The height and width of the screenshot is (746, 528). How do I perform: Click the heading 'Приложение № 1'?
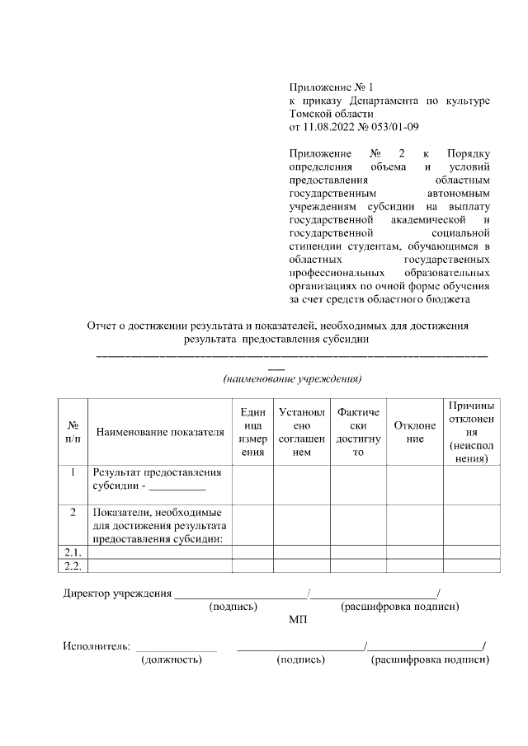tap(331, 87)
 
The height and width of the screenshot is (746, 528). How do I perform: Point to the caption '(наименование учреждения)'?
tap(293, 379)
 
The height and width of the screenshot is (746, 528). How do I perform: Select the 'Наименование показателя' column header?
tap(160, 431)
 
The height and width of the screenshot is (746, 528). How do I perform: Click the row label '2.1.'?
tap(73, 552)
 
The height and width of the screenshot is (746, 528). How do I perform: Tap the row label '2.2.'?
tap(73, 565)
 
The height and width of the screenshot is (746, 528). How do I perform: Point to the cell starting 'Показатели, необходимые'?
tap(160, 525)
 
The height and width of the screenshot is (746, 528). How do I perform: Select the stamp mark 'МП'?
tap(298, 620)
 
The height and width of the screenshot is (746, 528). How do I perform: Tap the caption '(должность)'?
tap(172, 659)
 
